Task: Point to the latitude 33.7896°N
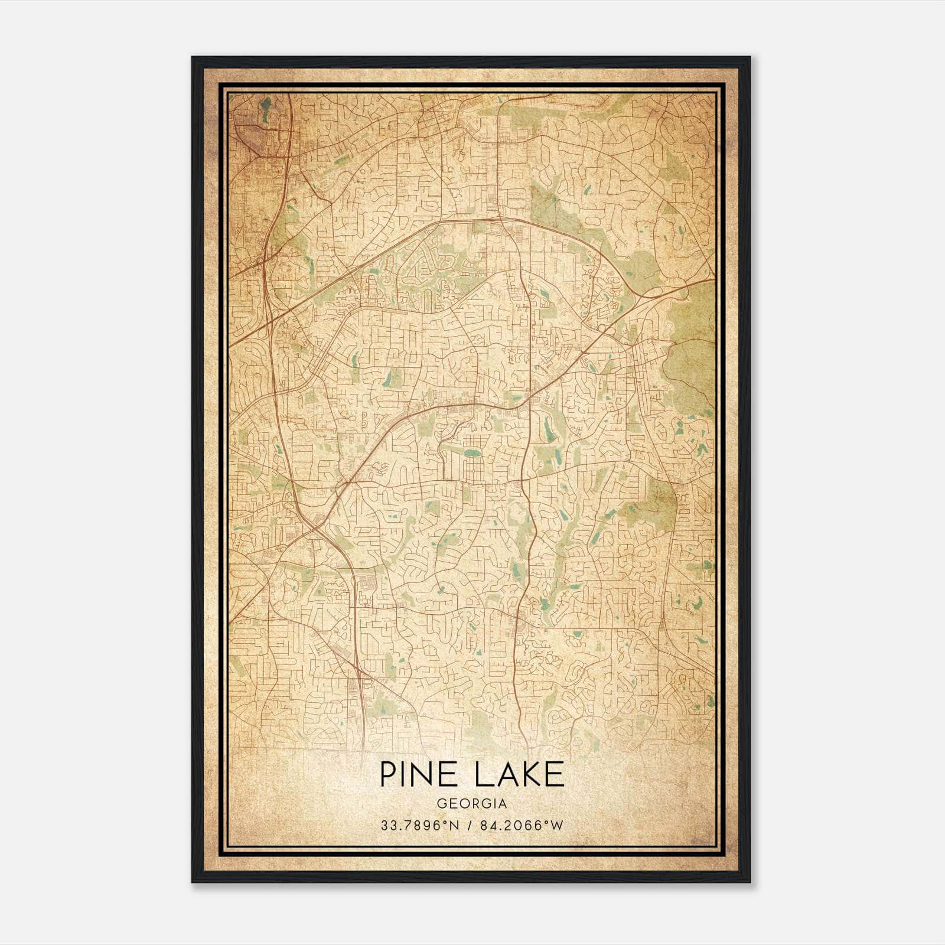[x=420, y=826]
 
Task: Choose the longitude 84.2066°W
[x=522, y=826]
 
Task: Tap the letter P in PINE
[x=388, y=774]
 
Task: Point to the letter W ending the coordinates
[x=558, y=826]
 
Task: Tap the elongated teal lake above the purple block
[x=265, y=107]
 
